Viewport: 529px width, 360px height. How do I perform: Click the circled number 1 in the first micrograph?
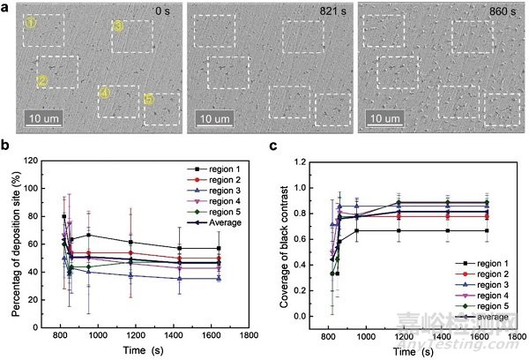[31, 23]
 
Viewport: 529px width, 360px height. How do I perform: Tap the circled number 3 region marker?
[118, 26]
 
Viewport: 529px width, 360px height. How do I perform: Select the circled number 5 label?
[149, 100]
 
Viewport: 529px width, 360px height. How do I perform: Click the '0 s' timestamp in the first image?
[161, 12]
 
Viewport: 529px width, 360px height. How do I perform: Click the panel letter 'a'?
[6, 6]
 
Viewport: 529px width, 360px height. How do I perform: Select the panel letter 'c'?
[274, 147]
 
